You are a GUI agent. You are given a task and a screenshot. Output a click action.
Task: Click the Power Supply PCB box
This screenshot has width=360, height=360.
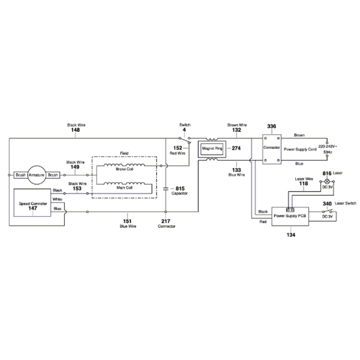pyautogui.click(x=290, y=215)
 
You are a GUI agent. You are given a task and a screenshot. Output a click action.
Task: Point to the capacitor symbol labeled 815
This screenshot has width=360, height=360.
pyautogui.click(x=166, y=189)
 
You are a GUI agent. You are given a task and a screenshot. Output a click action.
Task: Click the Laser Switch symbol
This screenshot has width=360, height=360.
pyautogui.click(x=328, y=210)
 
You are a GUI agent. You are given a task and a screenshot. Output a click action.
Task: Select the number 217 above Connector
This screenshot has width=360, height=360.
pyautogui.click(x=166, y=221)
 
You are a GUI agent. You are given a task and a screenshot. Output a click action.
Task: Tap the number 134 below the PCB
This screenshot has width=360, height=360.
pyautogui.click(x=290, y=236)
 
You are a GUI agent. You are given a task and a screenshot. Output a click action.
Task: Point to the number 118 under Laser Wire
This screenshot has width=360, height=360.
pyautogui.click(x=304, y=184)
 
